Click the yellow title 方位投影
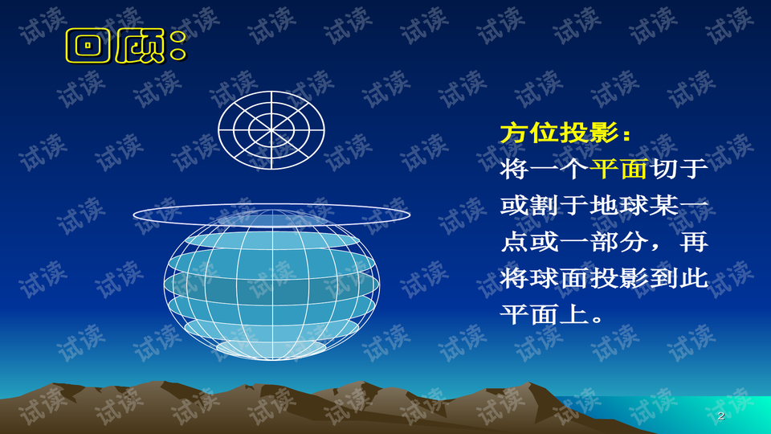click(554, 133)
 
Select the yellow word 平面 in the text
click(619, 170)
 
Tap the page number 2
click(720, 416)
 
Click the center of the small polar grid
click(271, 129)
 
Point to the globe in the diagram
click(271, 289)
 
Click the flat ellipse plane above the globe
click(271, 214)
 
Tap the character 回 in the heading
click(88, 47)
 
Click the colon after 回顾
click(177, 48)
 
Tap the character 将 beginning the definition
click(514, 170)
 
